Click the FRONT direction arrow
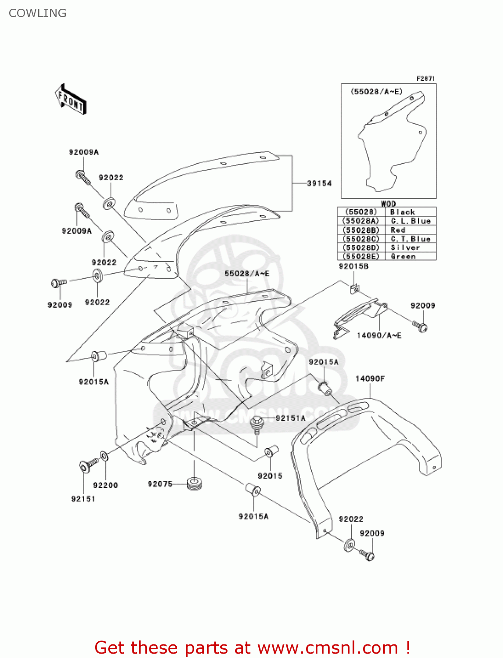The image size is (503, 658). click(70, 100)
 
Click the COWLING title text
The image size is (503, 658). click(38, 13)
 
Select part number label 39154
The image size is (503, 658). click(319, 183)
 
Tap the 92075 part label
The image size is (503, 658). click(160, 484)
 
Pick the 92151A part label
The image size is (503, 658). click(290, 418)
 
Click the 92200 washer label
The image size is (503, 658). click(106, 485)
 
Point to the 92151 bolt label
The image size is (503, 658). click(83, 499)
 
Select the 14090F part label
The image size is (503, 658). click(370, 379)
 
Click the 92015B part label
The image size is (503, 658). click(353, 266)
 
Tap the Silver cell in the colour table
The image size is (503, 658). click(405, 247)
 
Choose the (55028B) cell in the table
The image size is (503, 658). click(360, 230)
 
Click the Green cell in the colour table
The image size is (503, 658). click(403, 257)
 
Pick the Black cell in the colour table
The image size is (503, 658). click(403, 212)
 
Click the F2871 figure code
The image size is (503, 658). click(425, 79)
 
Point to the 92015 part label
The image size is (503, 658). click(270, 476)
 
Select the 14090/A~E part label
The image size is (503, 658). click(379, 336)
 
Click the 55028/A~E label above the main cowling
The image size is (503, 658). click(247, 274)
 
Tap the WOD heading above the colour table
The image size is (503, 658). click(388, 204)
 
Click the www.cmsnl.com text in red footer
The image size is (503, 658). click(328, 647)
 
